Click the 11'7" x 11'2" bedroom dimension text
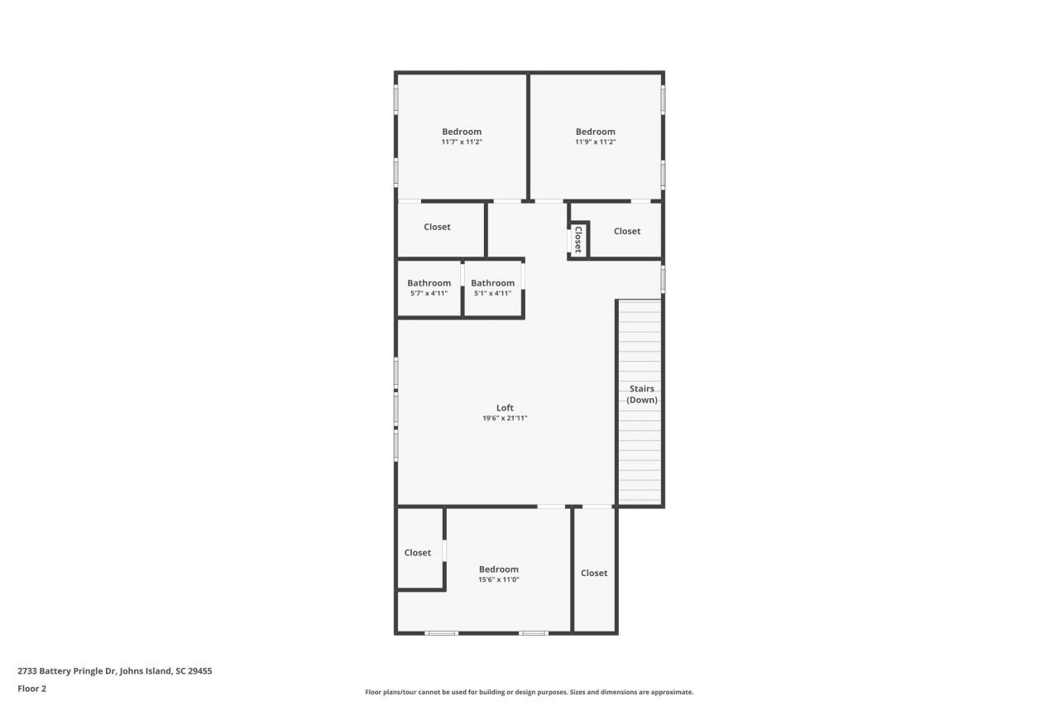pyautogui.click(x=462, y=142)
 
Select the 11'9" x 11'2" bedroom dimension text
pyautogui.click(x=596, y=142)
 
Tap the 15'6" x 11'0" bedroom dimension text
pyautogui.click(x=498, y=579)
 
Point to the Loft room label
pyautogui.click(x=505, y=407)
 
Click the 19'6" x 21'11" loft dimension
pyautogui.click(x=505, y=418)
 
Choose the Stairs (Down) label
pyautogui.click(x=642, y=394)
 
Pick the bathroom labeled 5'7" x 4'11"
pyautogui.click(x=429, y=288)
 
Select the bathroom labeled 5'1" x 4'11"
pyautogui.click(x=492, y=288)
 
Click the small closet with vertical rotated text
pyautogui.click(x=578, y=239)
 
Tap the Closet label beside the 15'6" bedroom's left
pyautogui.click(x=418, y=553)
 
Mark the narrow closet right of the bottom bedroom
pyautogui.click(x=594, y=573)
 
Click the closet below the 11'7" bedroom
pyautogui.click(x=437, y=227)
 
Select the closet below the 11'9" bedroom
pyautogui.click(x=627, y=231)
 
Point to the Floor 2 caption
pyautogui.click(x=31, y=689)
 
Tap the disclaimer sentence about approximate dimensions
pyautogui.click(x=529, y=692)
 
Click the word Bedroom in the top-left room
pyautogui.click(x=462, y=132)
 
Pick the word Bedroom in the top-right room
pyautogui.click(x=596, y=132)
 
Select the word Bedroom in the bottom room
pyautogui.click(x=499, y=569)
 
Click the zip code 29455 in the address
pyautogui.click(x=200, y=671)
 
